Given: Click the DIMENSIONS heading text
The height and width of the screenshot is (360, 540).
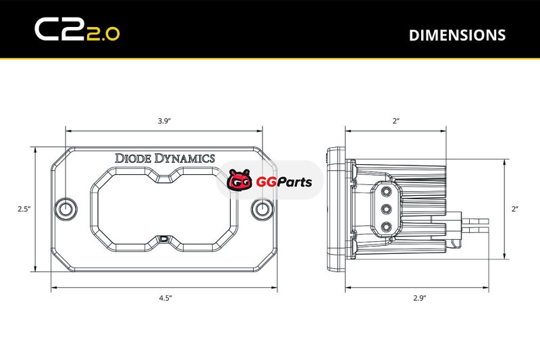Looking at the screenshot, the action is coord(457,35).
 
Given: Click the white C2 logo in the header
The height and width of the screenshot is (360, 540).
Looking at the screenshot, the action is coord(60,29).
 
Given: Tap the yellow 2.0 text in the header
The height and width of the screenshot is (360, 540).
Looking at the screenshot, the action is coord(103,34).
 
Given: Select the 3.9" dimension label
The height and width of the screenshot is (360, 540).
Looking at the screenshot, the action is coord(165,121).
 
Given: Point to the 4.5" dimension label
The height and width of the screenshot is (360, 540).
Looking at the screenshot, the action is coord(165,298).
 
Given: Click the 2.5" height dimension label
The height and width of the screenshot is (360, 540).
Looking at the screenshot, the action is coord(24,209).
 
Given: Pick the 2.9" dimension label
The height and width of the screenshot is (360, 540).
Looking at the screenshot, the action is coord(420,298).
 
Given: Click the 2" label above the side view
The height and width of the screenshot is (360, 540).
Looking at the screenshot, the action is coord(396,121).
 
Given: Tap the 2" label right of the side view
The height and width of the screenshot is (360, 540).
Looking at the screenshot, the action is coord(515,209).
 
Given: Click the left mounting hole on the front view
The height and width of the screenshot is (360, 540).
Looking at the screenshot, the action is coord(66,209).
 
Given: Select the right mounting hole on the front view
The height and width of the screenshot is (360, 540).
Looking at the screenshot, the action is coord(263,209).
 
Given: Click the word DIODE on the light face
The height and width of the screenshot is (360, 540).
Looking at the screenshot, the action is coord(133,158).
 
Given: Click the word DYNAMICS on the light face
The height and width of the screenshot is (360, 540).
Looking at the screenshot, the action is coord(184,158).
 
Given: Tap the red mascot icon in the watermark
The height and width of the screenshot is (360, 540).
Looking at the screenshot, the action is coord(240,180).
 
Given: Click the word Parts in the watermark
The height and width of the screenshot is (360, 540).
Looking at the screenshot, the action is coord(294,182).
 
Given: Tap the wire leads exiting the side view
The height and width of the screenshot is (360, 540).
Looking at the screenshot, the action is coord(475,225).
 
